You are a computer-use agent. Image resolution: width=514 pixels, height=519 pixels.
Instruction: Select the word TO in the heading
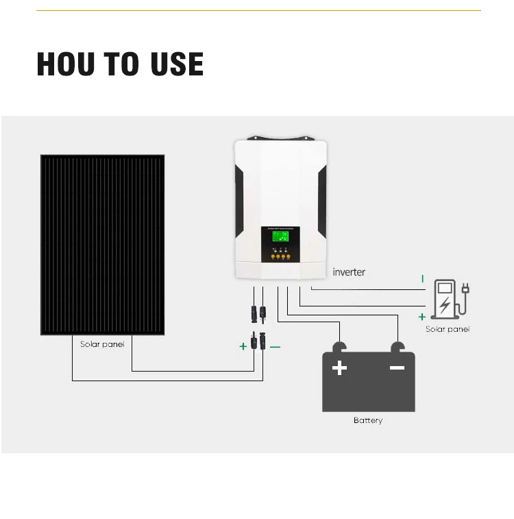[121, 64]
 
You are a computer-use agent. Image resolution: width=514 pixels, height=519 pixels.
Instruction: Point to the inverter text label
[349, 272]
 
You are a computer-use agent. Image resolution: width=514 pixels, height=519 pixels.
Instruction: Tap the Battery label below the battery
[368, 420]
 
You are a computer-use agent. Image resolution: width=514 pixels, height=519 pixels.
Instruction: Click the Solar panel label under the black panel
[102, 344]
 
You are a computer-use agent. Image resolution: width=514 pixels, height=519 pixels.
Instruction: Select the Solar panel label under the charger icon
[448, 329]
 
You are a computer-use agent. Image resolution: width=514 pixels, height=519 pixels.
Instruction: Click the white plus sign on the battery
[339, 369]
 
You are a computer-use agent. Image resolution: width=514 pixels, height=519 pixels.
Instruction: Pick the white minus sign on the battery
[397, 368]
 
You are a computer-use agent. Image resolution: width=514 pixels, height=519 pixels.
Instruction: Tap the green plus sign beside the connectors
[243, 347]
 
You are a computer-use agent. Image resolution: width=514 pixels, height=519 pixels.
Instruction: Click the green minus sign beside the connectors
[275, 347]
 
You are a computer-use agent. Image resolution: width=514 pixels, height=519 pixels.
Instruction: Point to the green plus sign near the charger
[422, 317]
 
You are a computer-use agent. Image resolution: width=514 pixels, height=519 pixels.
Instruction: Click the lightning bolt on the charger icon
[445, 304]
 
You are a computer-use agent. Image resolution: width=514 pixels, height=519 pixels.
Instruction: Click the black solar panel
[102, 245]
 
